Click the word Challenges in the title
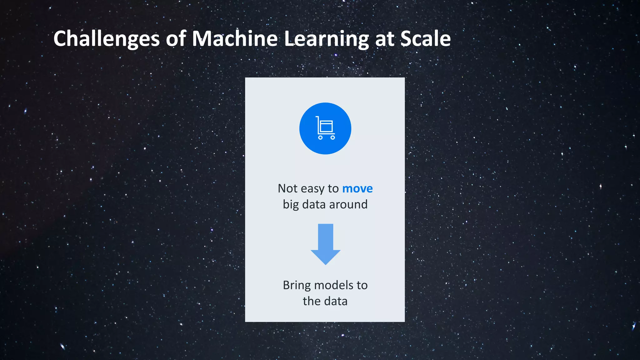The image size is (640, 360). (106, 39)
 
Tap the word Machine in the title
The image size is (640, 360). (234, 39)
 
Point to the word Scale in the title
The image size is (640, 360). (425, 39)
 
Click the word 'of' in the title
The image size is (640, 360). (176, 39)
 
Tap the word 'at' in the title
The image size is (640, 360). (384, 39)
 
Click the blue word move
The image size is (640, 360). (357, 188)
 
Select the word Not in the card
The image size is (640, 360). (287, 188)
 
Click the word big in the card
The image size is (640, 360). (291, 205)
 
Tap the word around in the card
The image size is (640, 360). (348, 204)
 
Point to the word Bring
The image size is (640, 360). (297, 286)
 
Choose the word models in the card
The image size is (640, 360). (334, 285)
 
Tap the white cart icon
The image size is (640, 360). (325, 128)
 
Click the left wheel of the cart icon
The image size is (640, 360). (320, 137)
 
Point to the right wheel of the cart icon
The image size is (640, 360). (333, 137)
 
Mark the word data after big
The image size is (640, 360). (314, 204)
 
